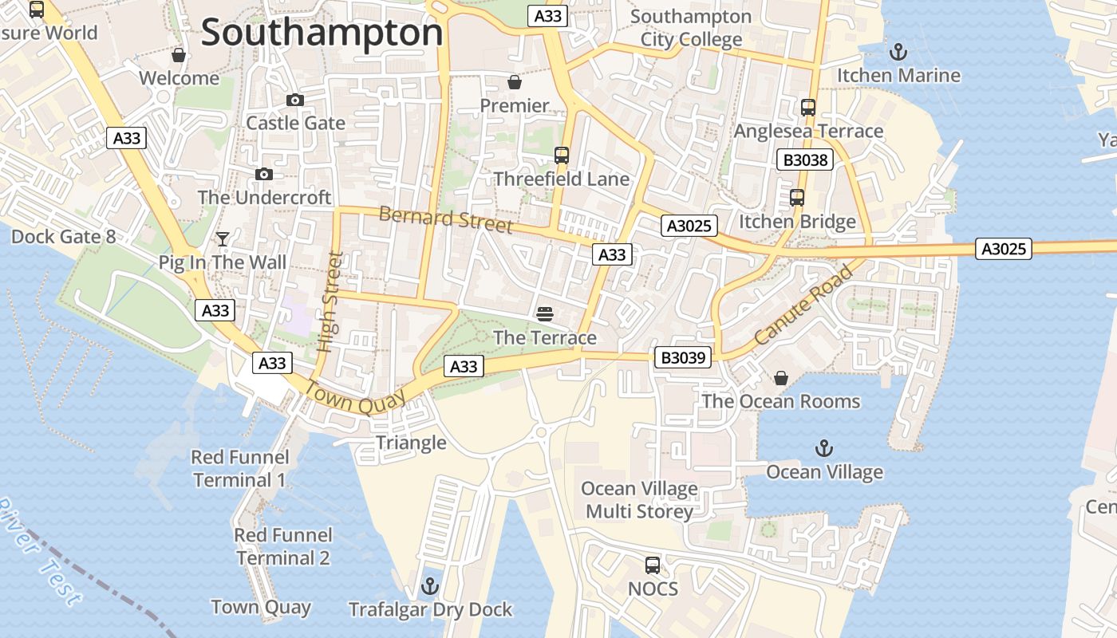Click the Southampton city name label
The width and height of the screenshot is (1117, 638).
point(322,33)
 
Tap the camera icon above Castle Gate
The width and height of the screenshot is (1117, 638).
point(295,100)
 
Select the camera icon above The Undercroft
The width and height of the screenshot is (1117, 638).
point(264,175)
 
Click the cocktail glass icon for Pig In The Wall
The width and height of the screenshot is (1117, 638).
point(223,239)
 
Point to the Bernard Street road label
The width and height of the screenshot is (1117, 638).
point(445,219)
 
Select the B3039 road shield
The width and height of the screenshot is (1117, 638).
point(684,357)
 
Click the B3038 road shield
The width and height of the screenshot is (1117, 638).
point(806,160)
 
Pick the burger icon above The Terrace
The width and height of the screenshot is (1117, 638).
point(546,314)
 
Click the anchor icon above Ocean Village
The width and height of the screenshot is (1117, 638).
point(824,448)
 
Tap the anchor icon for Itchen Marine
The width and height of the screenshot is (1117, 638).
point(898,53)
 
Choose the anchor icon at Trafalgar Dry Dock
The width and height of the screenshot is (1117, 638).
point(430,587)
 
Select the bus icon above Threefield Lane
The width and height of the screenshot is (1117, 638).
point(562,156)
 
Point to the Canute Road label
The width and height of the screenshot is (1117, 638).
point(803,306)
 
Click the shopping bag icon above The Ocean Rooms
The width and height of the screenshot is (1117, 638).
point(781,378)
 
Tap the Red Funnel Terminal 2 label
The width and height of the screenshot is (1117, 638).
point(283,546)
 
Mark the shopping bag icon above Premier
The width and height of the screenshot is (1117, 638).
point(515,82)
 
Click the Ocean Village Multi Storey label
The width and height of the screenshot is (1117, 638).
point(639,500)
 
